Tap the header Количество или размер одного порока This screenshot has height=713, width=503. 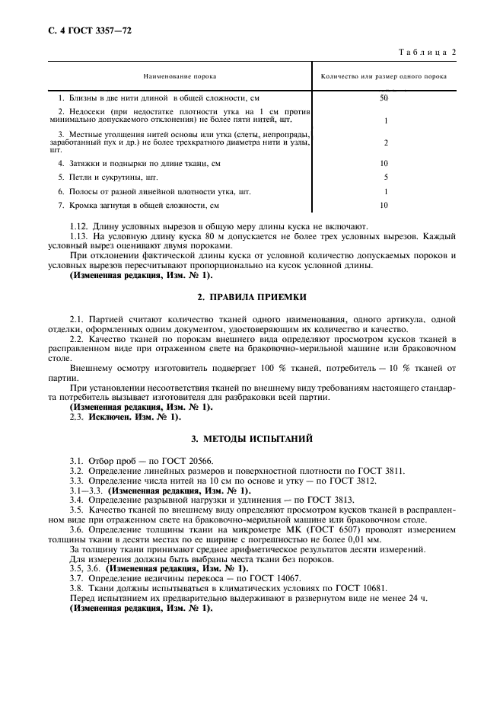[384, 76]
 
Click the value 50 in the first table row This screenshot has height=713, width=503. [384, 98]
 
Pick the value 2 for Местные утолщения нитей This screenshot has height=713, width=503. [386, 142]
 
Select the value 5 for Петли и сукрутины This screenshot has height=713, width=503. [386, 177]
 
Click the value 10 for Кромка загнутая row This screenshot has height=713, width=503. [384, 205]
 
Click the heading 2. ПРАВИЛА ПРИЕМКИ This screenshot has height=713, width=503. [251, 295]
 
